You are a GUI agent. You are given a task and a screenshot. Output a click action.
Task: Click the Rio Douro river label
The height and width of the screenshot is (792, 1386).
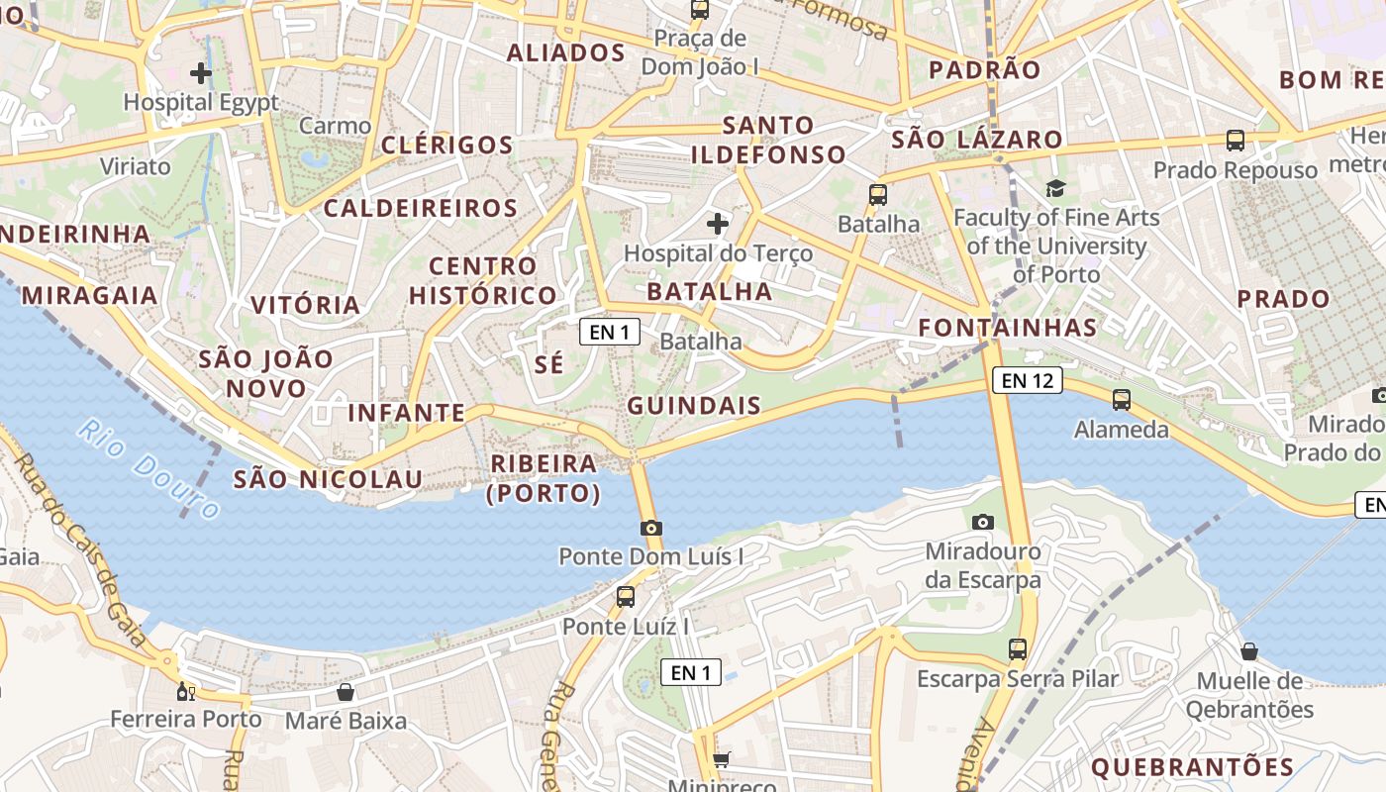click(x=149, y=470)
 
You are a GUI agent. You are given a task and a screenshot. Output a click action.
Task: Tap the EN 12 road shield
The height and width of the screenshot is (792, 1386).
click(x=1027, y=380)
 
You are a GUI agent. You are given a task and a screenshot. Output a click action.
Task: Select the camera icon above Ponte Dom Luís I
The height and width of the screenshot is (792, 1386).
click(x=651, y=529)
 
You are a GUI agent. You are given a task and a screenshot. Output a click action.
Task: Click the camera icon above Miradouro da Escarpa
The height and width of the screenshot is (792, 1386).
click(x=983, y=522)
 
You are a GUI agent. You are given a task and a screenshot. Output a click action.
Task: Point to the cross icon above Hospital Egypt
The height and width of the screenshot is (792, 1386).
click(x=201, y=72)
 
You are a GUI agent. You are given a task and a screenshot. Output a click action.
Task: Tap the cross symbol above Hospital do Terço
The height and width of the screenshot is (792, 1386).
click(x=718, y=224)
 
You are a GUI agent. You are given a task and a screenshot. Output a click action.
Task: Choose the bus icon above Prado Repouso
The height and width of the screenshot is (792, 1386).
click(x=1236, y=141)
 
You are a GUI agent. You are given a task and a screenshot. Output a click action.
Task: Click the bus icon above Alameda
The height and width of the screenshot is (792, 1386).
click(x=1122, y=400)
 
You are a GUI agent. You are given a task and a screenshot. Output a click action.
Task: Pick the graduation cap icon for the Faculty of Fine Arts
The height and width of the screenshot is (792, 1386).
click(x=1055, y=188)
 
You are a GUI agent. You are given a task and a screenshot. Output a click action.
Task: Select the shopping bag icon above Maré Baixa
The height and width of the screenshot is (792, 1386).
click(x=346, y=691)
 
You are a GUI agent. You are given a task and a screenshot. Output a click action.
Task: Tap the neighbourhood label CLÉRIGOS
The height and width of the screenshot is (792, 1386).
click(x=446, y=146)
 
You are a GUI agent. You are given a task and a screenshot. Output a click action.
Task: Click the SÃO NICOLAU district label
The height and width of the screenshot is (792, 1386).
click(x=328, y=480)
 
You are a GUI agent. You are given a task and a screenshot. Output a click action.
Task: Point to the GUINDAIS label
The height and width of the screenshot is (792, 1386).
click(x=694, y=405)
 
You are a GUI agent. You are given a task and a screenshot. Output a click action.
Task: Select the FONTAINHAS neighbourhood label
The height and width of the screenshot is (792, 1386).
click(x=1007, y=328)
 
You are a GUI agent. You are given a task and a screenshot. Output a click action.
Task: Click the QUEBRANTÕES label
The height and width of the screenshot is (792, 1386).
click(x=1192, y=766)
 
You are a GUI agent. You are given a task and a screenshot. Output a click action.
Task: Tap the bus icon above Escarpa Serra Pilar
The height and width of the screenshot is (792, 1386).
click(x=1018, y=649)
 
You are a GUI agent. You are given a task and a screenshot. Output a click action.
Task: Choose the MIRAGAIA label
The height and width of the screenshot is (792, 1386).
click(x=89, y=295)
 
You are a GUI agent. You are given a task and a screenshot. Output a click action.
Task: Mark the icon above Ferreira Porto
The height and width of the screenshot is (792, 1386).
click(x=185, y=690)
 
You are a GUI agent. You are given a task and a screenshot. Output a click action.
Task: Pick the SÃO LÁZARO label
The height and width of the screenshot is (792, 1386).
click(x=976, y=140)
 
